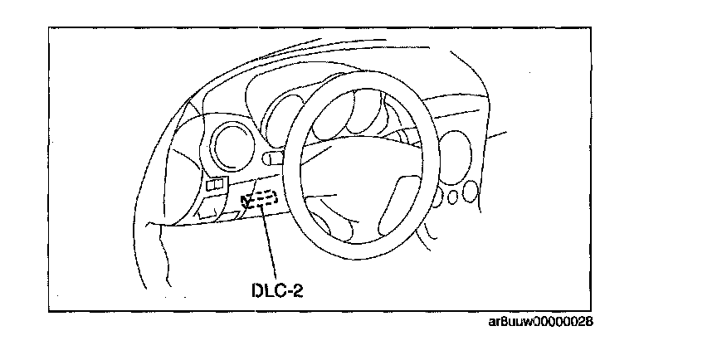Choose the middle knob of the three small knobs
tap(453, 197)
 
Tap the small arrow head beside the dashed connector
tap(245, 199)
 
